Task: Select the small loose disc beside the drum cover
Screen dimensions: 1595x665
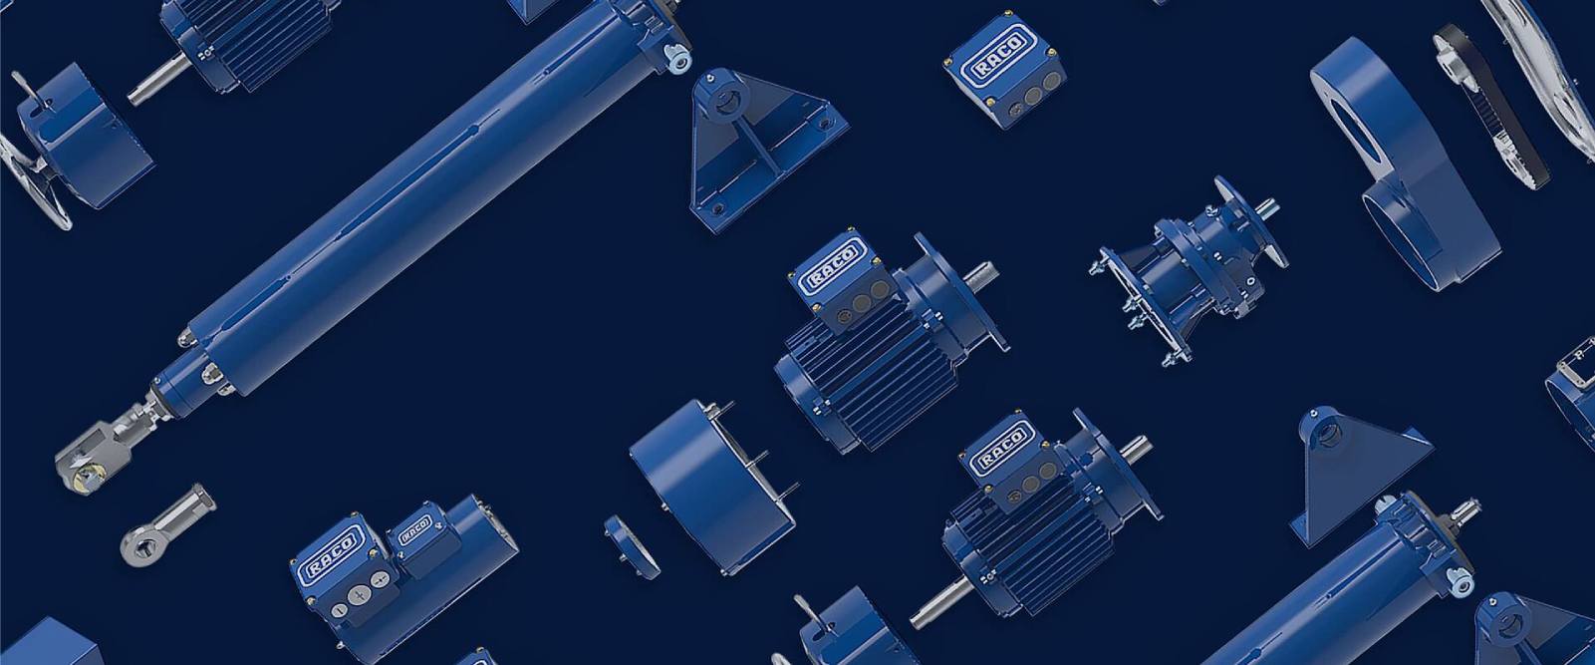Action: [633, 546]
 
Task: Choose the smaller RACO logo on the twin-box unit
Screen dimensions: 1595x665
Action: [414, 529]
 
